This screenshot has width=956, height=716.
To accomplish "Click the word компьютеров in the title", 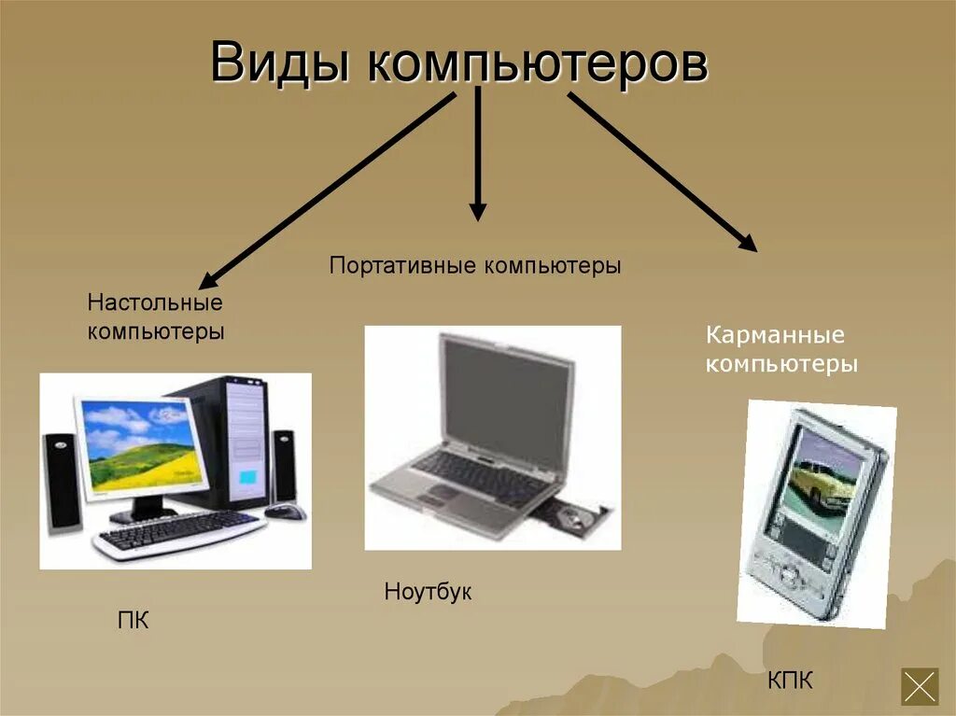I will point(537,64).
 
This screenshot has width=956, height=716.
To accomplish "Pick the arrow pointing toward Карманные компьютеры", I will point(663,172).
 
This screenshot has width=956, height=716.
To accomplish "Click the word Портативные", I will point(402,266).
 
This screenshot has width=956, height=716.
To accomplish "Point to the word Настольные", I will point(155,303).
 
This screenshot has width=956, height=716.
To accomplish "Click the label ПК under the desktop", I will point(134,620).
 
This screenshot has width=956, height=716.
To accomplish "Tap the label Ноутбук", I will point(428,592).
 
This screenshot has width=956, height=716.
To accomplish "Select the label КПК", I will point(790,681).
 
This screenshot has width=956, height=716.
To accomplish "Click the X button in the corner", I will point(919,686).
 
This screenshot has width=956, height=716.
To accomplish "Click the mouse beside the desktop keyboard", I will point(285,511).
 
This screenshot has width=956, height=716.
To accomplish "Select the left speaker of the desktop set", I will point(62,479).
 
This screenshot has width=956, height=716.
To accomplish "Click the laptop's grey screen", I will point(505,391).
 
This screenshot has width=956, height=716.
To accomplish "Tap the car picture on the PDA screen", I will point(820,481).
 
